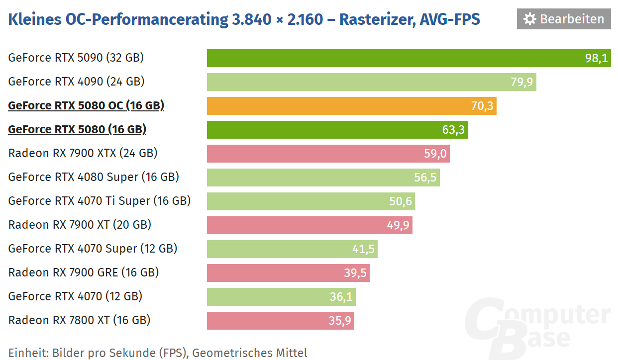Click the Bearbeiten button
pos(564,19)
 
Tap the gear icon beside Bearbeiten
pos(530,19)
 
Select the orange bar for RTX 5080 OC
pos(351,106)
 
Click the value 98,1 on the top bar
pos(596,58)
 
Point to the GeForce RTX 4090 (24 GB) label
pos(76,82)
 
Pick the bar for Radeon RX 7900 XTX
pos(328,154)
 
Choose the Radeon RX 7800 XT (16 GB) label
pos(79,320)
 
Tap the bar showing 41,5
pos(292,249)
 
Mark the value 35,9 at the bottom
pos(340,321)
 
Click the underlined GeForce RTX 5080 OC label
pos(86,105)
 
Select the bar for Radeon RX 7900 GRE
pos(288,273)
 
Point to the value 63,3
pos(453,130)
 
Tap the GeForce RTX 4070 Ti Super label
pos(100,201)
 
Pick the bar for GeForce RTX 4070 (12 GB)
pos(281,297)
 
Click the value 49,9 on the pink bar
pos(398,225)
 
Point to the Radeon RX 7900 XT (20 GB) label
pos(80,225)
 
